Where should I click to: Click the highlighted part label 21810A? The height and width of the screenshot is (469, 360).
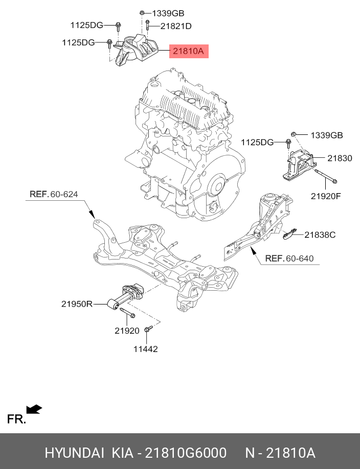coord(189,51)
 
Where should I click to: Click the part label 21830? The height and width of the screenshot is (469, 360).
coord(340,158)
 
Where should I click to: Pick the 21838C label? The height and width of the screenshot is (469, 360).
coord(320,235)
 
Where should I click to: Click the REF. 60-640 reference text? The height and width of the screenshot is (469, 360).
coord(289,259)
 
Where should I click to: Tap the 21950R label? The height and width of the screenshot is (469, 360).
coord(77,304)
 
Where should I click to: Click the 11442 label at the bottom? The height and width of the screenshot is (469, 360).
coord(146,349)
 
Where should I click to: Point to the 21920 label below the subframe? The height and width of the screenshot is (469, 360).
coord(127,331)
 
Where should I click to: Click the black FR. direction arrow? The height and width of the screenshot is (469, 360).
coord(35,409)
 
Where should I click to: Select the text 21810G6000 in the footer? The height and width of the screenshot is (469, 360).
coord(186,453)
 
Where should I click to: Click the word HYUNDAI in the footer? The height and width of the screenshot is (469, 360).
coord(74,453)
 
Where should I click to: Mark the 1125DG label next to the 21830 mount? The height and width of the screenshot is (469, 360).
coord(258,142)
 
